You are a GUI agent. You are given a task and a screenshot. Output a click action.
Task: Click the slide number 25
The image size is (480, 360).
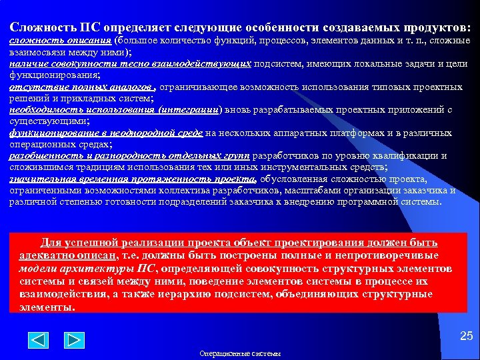[x=466, y=337]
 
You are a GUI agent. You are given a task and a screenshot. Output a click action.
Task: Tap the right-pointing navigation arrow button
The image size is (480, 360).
[x=74, y=341]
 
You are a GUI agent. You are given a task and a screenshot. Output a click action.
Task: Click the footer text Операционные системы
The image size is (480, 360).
[x=240, y=353]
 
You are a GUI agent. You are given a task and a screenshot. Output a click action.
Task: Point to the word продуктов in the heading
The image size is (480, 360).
[x=433, y=28]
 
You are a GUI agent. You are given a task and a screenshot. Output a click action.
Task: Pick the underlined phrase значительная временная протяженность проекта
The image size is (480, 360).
[x=133, y=179]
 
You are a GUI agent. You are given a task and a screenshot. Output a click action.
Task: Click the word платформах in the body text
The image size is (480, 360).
[x=377, y=133]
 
